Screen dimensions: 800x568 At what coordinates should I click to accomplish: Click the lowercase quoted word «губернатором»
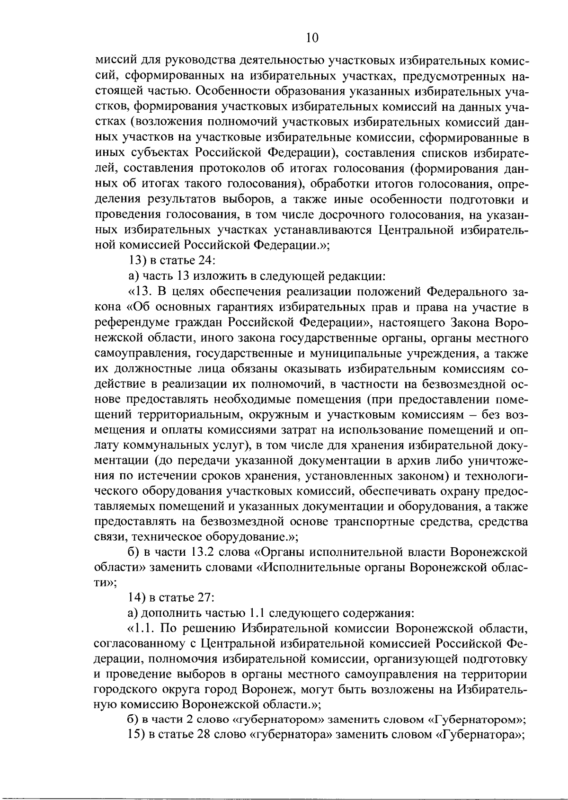[279, 720]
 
